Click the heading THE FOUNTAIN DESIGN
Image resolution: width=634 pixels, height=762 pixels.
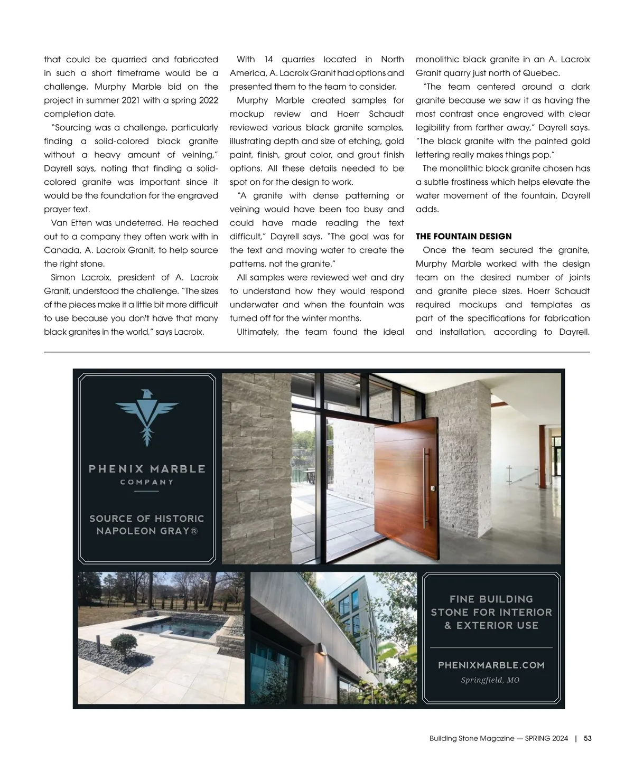click(463, 237)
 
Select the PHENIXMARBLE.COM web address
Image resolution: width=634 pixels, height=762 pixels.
click(491, 665)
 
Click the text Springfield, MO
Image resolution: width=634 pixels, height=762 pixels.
click(490, 680)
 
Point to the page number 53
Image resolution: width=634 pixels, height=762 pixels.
click(588, 739)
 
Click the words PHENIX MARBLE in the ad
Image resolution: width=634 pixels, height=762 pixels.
click(147, 468)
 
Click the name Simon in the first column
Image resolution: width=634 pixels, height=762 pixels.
click(62, 278)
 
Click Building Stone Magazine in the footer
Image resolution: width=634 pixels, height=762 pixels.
click(472, 739)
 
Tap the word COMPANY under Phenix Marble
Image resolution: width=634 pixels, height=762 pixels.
click(147, 482)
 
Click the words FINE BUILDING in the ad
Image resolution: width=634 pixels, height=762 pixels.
click(491, 599)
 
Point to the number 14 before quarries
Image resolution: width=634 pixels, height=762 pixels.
click(268, 60)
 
